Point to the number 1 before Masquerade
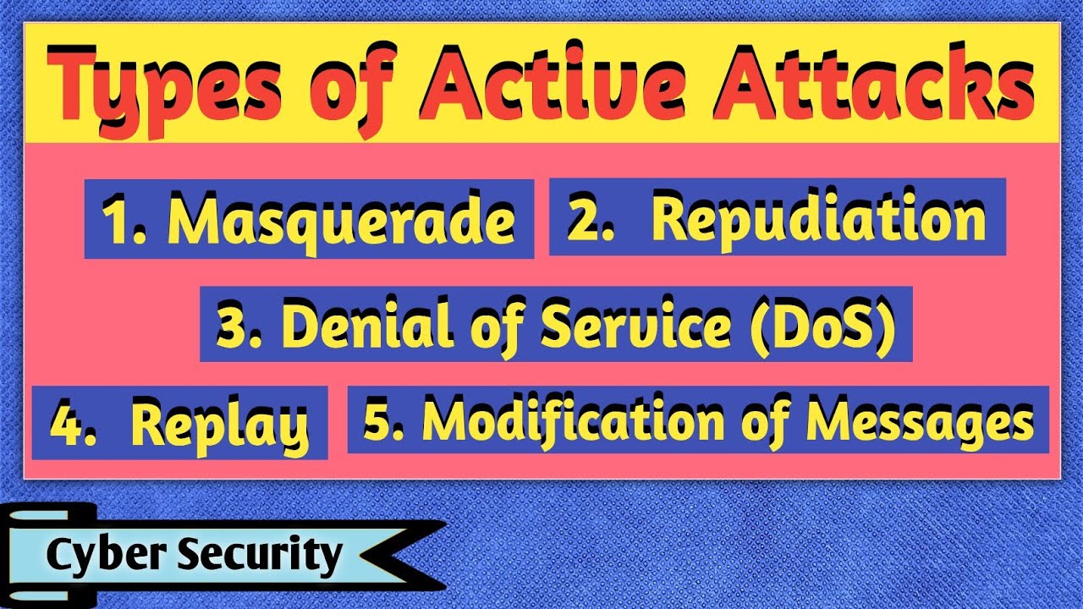tap(116, 220)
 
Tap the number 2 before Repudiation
tap(584, 219)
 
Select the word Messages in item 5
tap(918, 421)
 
